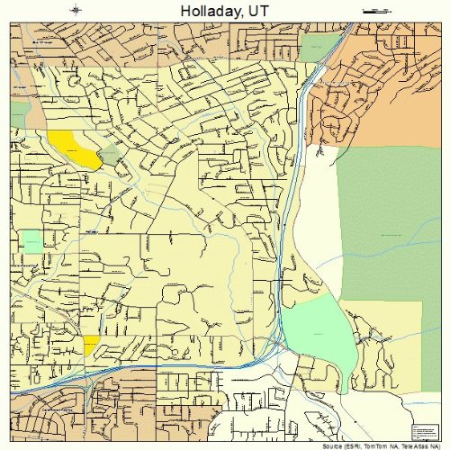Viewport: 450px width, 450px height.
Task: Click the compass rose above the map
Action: [x=76, y=11]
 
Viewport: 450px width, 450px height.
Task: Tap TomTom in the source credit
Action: [x=378, y=445]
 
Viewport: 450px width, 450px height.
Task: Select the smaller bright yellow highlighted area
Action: [x=91, y=345]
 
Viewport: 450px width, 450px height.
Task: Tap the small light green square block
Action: [x=31, y=240]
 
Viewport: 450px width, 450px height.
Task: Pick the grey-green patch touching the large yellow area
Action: [x=109, y=156]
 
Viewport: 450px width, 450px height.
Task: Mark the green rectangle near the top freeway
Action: [x=316, y=47]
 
